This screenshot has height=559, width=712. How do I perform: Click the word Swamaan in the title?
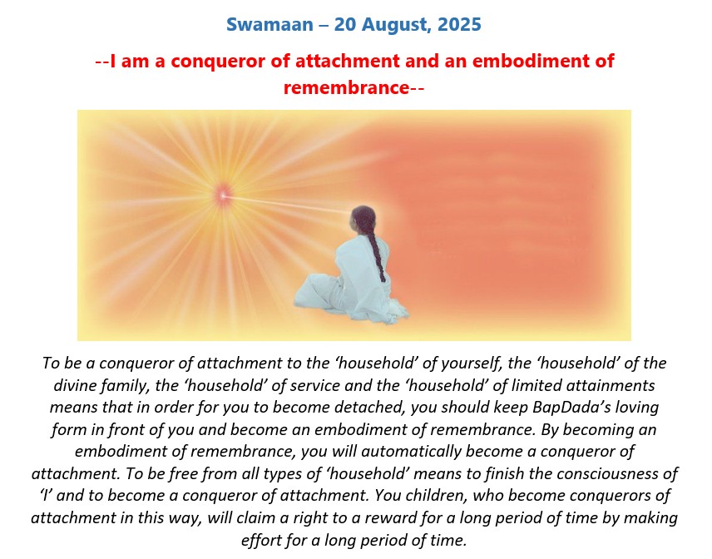point(269,24)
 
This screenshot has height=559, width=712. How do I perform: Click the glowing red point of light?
point(223,195)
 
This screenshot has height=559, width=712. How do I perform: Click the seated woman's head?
point(363,220)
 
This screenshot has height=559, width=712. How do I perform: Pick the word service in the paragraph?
point(314,385)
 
